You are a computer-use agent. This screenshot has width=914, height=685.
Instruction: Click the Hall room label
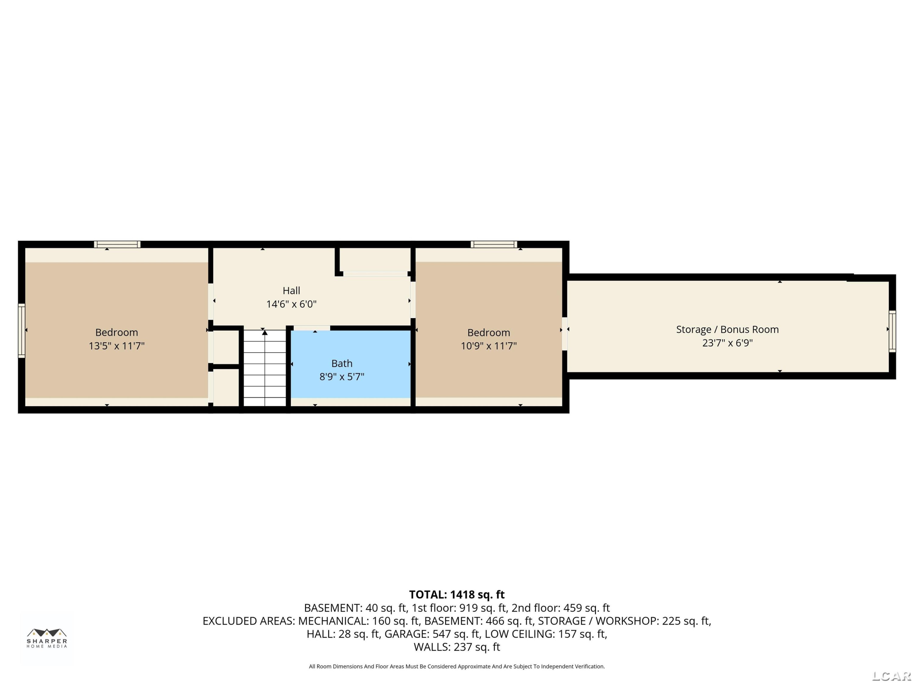pyautogui.click(x=291, y=291)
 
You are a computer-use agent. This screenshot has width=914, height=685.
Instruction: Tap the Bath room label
pyautogui.click(x=342, y=363)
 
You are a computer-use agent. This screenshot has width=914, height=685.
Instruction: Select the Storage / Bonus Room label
pyautogui.click(x=727, y=329)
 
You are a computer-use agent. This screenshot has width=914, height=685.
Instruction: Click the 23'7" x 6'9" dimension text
pyautogui.click(x=727, y=343)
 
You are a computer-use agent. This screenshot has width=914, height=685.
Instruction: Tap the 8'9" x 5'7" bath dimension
pyautogui.click(x=342, y=377)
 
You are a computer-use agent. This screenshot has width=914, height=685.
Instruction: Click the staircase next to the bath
pyautogui.click(x=264, y=368)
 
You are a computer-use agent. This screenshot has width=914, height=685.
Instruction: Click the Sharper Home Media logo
pyautogui.click(x=47, y=638)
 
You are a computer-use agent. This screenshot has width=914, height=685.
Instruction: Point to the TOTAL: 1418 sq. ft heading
pyautogui.click(x=457, y=595)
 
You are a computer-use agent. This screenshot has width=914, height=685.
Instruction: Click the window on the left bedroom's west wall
pyautogui.click(x=22, y=330)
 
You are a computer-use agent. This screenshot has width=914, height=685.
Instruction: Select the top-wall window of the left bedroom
pyautogui.click(x=117, y=244)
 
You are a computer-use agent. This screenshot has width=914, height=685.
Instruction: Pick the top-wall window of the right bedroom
pyautogui.click(x=494, y=244)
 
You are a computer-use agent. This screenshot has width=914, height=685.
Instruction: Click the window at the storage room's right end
pyautogui.click(x=892, y=332)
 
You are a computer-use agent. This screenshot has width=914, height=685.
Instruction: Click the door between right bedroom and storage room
pyautogui.click(x=565, y=334)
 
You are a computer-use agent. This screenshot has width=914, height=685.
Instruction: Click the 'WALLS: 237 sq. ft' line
pyautogui.click(x=457, y=647)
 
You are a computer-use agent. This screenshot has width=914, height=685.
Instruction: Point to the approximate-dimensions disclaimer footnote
pyautogui.click(x=457, y=666)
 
